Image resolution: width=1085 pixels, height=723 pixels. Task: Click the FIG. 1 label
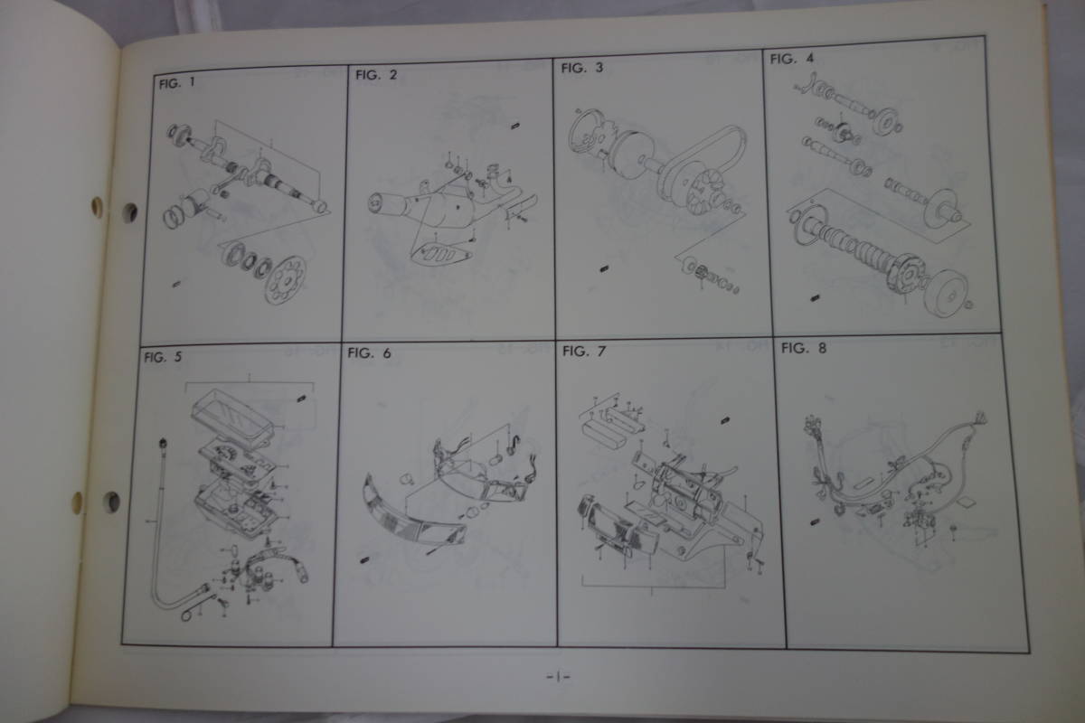tap(176, 84)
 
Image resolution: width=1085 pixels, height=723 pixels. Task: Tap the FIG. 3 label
tap(581, 68)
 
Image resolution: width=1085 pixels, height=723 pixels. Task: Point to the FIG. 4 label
tap(791, 59)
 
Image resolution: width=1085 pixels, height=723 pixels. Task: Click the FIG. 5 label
tap(163, 356)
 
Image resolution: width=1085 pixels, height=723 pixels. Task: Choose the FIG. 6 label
tap(369, 353)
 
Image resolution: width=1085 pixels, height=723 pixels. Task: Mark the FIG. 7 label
tap(582, 350)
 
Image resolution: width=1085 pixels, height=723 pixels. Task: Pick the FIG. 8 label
tap(804, 346)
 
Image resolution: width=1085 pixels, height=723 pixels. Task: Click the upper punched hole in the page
tap(129, 212)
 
